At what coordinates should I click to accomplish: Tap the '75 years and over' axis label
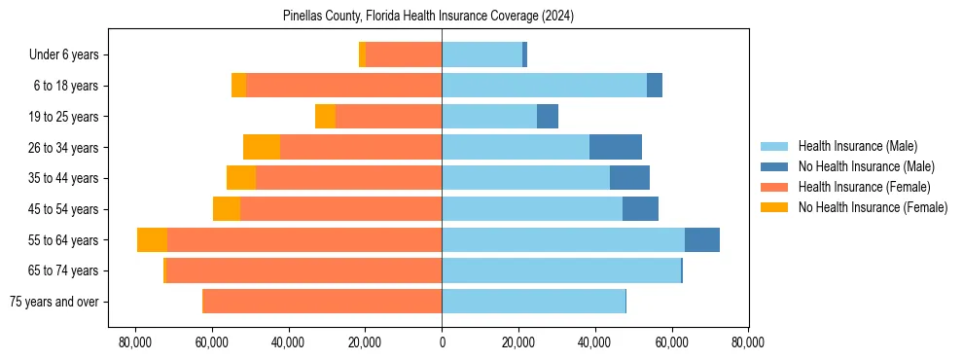tap(53, 302)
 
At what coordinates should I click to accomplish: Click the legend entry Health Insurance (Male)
tap(857, 146)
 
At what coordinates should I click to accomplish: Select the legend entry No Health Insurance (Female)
tap(873, 207)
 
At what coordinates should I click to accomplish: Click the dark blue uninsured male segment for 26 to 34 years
tap(616, 148)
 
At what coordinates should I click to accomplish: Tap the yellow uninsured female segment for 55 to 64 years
tap(152, 240)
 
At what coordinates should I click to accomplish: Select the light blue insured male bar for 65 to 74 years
tap(561, 270)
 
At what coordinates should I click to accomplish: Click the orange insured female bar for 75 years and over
tap(322, 302)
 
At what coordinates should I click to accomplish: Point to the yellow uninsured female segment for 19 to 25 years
tap(325, 117)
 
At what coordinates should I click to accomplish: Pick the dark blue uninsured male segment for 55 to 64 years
tap(702, 240)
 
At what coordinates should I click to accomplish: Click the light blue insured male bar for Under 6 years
tap(481, 55)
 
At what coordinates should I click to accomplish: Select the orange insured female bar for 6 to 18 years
tap(343, 86)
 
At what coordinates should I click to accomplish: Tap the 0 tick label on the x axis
tap(442, 342)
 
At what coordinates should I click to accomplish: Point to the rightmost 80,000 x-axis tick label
tap(747, 342)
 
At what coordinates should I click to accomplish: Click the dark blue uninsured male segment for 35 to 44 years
tap(629, 178)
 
